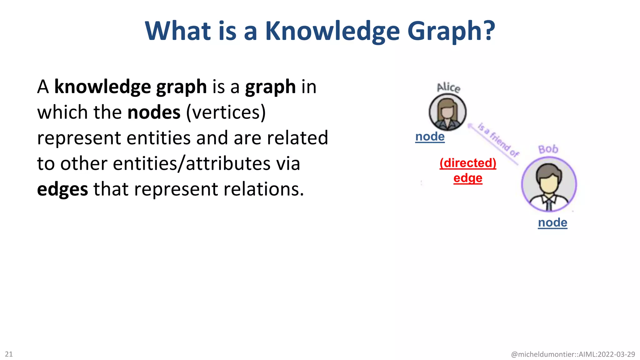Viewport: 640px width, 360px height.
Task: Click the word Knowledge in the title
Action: pyautogui.click(x=332, y=31)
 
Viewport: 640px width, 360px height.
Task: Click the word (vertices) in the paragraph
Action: pyautogui.click(x=226, y=112)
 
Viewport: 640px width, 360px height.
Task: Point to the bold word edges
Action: pyautogui.click(x=62, y=189)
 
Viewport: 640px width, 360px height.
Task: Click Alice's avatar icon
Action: pyautogui.click(x=447, y=112)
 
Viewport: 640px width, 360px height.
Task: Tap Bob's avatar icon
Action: pyautogui.click(x=549, y=184)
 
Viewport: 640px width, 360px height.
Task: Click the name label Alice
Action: pyautogui.click(x=448, y=87)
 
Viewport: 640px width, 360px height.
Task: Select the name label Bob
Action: pyautogui.click(x=548, y=149)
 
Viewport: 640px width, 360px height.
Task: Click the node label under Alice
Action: pyautogui.click(x=430, y=137)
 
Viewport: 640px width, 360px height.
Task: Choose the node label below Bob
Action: pyautogui.click(x=552, y=222)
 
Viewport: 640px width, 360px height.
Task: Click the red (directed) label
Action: pyautogui.click(x=468, y=163)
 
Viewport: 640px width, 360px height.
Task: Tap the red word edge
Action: pyautogui.click(x=468, y=178)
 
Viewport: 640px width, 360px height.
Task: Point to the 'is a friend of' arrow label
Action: pyautogui.click(x=498, y=140)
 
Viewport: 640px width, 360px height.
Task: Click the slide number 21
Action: pyautogui.click(x=9, y=354)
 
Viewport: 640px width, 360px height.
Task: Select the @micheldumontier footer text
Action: pyautogui.click(x=573, y=354)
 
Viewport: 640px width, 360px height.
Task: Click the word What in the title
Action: pyautogui.click(x=178, y=31)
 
